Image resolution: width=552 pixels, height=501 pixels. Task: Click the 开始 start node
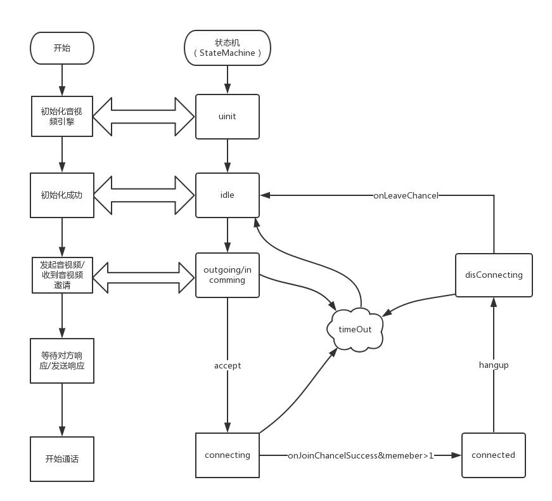(x=62, y=48)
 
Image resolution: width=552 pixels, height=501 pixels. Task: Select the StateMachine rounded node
(x=228, y=48)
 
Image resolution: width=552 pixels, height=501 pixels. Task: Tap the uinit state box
(x=227, y=117)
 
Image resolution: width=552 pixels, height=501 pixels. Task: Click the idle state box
(x=227, y=195)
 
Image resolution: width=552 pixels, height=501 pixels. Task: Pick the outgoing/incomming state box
(x=227, y=275)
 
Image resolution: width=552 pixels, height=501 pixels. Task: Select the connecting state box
(x=227, y=455)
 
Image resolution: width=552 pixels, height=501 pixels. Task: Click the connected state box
(x=493, y=455)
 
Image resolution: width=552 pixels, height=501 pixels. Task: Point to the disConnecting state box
(x=493, y=275)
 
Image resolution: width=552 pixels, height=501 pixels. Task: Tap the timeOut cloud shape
(x=355, y=329)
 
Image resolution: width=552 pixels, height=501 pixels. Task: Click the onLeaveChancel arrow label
(x=406, y=195)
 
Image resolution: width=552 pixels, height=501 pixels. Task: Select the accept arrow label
(x=228, y=365)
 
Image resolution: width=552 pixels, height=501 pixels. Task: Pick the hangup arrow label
(x=494, y=365)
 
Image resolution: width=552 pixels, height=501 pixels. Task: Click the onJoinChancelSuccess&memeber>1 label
(x=361, y=455)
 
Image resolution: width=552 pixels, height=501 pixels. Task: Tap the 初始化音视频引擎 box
(x=62, y=117)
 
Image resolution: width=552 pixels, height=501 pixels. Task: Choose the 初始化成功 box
(x=62, y=195)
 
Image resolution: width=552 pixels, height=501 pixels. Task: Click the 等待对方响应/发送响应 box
(x=62, y=360)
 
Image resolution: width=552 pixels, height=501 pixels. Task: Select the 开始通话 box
(x=62, y=459)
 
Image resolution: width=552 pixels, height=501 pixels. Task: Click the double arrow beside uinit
(x=144, y=117)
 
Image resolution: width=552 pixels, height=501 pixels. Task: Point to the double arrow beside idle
(x=144, y=195)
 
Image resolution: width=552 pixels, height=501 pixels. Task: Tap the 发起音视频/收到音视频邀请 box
(x=62, y=275)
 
